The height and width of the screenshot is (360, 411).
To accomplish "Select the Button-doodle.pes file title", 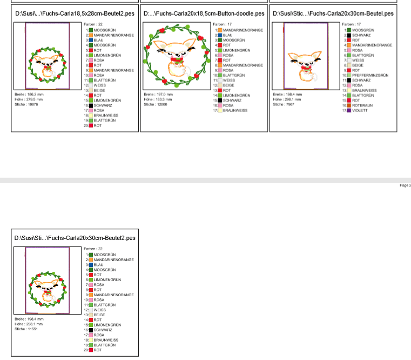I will pos(204,13).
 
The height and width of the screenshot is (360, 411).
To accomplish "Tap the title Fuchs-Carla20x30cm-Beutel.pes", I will pos(333,13).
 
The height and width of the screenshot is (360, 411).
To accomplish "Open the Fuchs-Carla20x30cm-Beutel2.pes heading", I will pos(75,237).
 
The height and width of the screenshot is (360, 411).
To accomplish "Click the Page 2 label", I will pos(405,185).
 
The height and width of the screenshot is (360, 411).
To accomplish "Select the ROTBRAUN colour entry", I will pos(361,105).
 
